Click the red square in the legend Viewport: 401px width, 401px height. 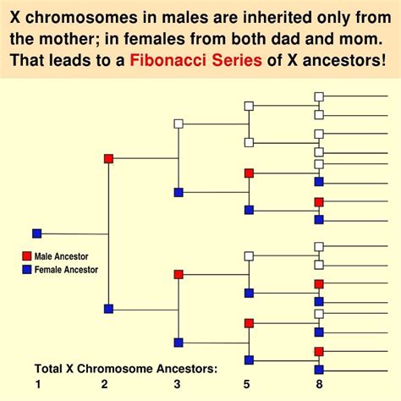[26, 255]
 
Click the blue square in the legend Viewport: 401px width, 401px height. [26, 270]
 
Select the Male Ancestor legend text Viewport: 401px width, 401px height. [61, 255]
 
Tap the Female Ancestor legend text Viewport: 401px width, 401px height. [66, 270]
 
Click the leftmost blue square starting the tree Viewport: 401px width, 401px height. [36, 233]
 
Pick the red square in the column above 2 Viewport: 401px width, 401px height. [108, 158]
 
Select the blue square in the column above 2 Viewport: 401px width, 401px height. [108, 309]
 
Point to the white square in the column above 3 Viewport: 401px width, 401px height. [179, 124]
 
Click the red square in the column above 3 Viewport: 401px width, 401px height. [179, 274]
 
